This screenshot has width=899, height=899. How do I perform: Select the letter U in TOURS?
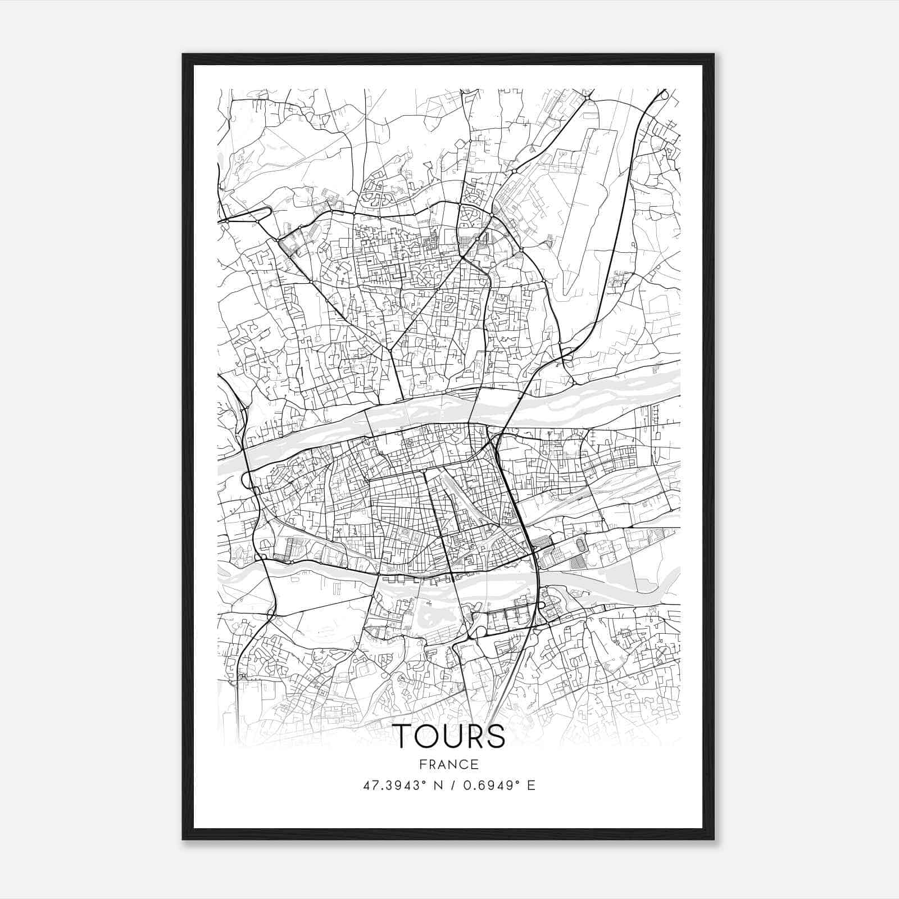click(x=456, y=736)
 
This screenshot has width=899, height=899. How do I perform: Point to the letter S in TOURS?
click(x=496, y=736)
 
